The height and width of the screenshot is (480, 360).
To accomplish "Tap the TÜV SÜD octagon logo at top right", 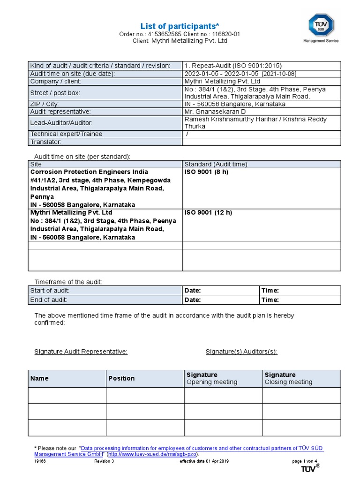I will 321,24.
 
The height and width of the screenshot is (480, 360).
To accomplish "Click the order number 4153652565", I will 165,34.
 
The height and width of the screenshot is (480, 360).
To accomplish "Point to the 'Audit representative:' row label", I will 60,112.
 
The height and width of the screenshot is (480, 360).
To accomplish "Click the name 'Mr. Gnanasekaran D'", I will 215,112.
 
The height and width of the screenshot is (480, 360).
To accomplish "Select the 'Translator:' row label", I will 46,142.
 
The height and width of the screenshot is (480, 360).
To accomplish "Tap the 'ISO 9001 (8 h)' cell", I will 206,172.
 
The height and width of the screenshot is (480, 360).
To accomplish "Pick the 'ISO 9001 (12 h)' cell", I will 208,212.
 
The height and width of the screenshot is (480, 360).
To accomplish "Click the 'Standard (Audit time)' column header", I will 216,164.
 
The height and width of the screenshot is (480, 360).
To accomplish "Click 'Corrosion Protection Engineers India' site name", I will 89,172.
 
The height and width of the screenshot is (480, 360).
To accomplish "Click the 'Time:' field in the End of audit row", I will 270,300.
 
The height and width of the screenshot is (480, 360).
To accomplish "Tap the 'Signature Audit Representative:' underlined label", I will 81,352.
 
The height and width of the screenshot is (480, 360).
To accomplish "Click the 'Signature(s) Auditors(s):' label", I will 241,352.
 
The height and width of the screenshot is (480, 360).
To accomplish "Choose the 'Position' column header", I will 121,378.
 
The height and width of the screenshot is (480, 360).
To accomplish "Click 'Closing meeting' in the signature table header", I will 288,382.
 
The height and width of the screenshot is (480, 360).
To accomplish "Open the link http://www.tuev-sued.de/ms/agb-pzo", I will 153,454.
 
